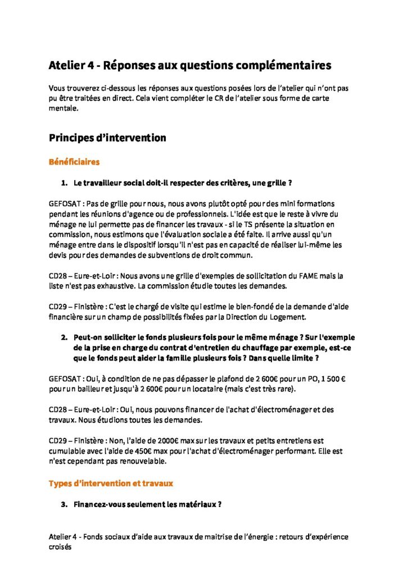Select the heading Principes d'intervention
pos(107,138)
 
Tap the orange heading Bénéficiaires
pos(74,162)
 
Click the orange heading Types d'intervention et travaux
pos(111,483)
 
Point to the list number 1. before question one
pos(64,184)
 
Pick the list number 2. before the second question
pos(64,337)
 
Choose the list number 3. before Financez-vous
pos(64,504)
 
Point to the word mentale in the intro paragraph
pos(62,110)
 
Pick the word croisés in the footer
pos(61,546)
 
